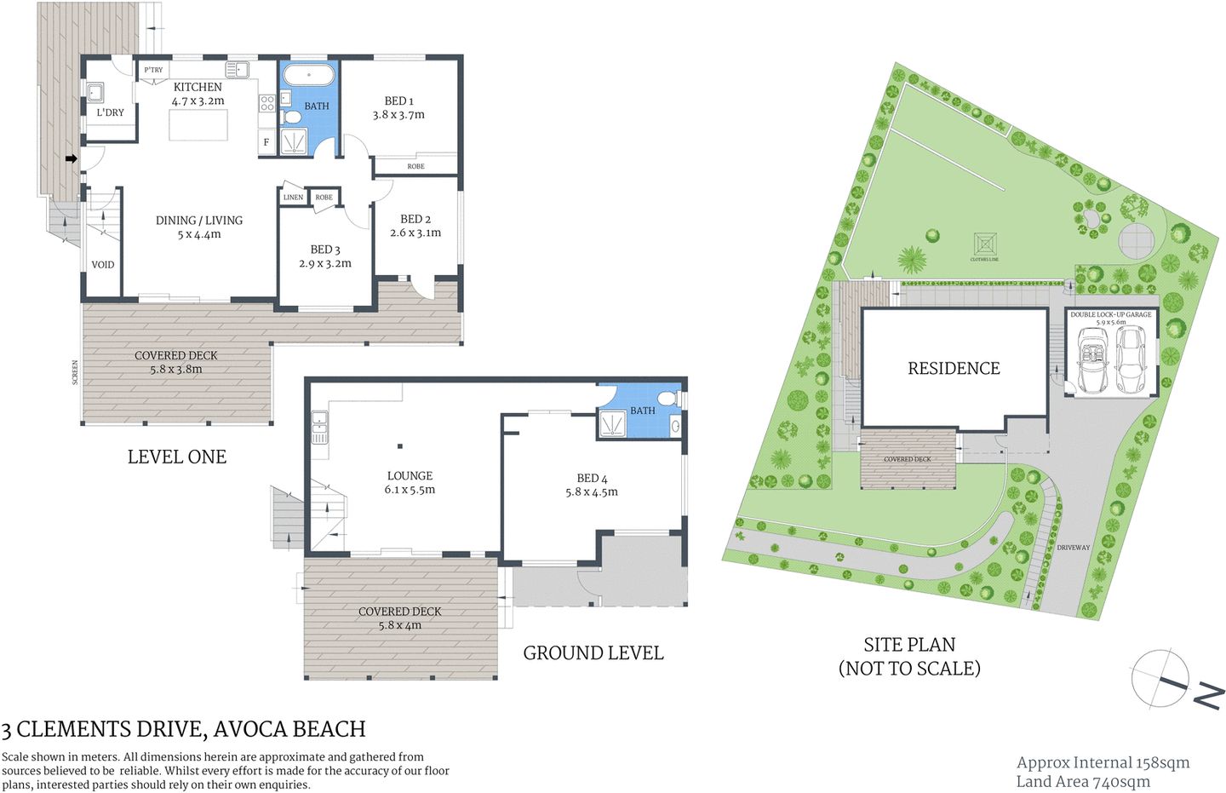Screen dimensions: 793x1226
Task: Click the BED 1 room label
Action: coord(398,101)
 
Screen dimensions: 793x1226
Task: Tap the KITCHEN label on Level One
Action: coord(198,87)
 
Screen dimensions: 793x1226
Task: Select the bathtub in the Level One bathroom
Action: coord(308,75)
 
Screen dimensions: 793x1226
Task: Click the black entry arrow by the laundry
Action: coord(72,158)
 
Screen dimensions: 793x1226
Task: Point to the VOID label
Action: coord(103,265)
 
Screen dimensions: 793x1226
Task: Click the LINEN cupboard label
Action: coord(293,198)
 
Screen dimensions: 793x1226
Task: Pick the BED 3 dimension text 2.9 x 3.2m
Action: coord(325,264)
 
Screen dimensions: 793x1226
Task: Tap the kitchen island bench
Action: coord(198,125)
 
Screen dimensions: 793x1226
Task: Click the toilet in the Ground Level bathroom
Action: coord(667,398)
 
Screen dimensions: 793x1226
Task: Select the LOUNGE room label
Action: coord(410,476)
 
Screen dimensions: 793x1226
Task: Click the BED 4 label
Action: coord(592,479)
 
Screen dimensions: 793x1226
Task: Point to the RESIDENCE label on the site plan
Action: coord(954,368)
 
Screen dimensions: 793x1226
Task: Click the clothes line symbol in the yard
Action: coord(985,244)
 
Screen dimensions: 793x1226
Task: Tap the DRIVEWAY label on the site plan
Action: coord(1073,548)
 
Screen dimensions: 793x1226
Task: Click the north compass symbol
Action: coord(1162,679)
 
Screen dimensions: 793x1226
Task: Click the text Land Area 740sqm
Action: coord(1082,781)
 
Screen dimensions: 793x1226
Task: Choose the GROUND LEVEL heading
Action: coord(593,653)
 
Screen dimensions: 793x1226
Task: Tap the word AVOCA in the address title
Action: coord(249,729)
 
